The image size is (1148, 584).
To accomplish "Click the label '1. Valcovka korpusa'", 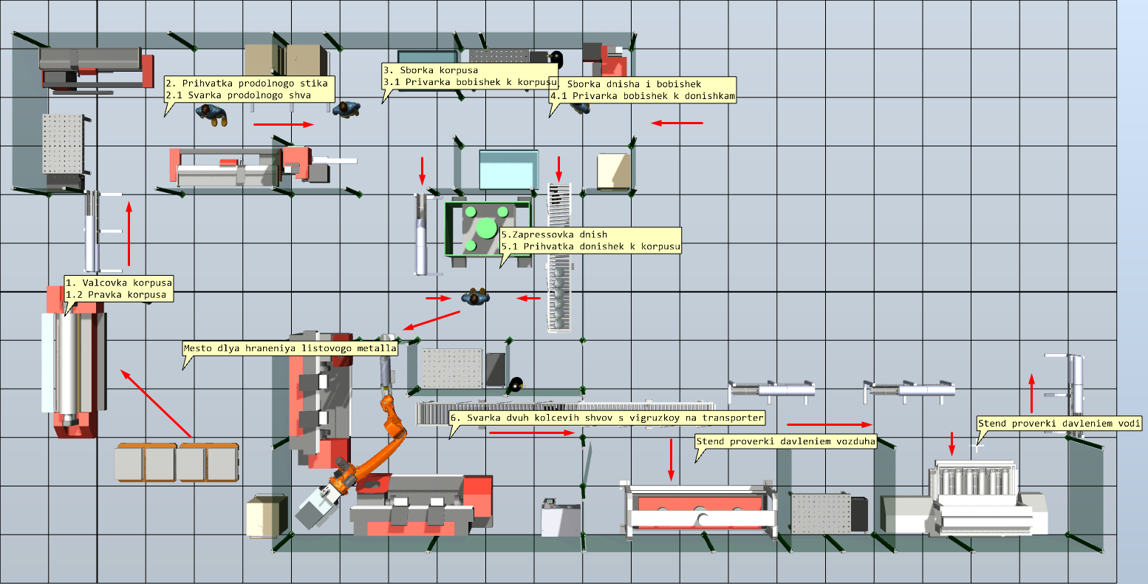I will [x=119, y=282].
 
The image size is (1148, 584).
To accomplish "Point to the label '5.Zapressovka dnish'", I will [x=554, y=234].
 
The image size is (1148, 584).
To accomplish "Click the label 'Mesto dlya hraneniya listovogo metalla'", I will [x=290, y=347].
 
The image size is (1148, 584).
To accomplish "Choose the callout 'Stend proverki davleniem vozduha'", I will [x=785, y=441].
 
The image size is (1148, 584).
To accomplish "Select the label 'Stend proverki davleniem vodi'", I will [x=1059, y=424].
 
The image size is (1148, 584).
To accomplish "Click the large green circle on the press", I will [x=486, y=227].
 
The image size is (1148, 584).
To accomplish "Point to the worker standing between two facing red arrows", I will [x=476, y=297].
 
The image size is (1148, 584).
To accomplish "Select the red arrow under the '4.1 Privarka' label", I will [x=677, y=123].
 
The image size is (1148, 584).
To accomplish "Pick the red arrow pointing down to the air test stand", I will [x=671, y=459].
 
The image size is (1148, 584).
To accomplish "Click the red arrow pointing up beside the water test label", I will [x=1031, y=393].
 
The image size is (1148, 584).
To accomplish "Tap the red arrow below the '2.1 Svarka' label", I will [x=284, y=124].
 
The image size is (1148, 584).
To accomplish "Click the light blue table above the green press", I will [x=507, y=169].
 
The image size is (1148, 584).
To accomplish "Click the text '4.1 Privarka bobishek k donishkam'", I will [x=642, y=96].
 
